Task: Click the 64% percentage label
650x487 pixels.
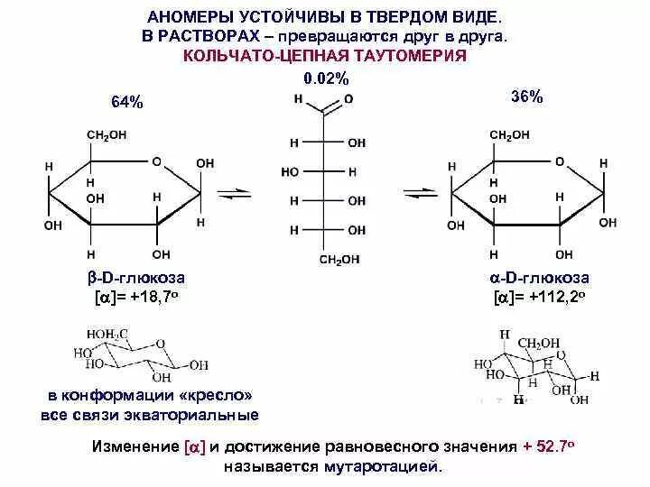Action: coord(127,102)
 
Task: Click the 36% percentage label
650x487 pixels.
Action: coord(527,97)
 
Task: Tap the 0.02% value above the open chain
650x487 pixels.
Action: coord(325,79)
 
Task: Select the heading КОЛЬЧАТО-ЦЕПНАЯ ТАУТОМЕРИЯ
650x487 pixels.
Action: coord(325,57)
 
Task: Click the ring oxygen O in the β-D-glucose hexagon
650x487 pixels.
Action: coord(156,162)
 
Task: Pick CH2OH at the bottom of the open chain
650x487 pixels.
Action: coord(339,260)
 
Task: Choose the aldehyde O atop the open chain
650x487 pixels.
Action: coord(349,99)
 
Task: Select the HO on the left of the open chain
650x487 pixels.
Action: coord(290,171)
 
